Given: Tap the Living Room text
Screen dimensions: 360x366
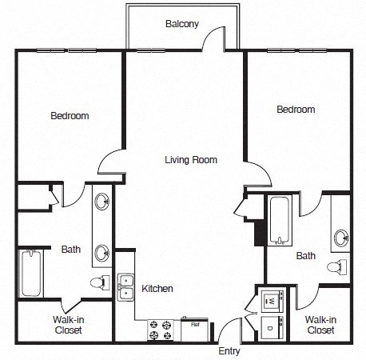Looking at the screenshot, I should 191,159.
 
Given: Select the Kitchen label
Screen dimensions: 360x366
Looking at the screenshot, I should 157,288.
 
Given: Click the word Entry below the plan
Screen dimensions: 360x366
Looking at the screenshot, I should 229,350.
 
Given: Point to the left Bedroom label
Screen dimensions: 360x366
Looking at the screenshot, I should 70,116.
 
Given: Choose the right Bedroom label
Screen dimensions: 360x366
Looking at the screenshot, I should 296,109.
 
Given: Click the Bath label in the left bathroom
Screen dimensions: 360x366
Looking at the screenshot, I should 70,249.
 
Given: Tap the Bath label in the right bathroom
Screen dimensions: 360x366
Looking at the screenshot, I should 305,256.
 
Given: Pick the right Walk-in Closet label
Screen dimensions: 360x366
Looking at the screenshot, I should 320,324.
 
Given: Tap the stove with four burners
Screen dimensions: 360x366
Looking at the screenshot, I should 161,327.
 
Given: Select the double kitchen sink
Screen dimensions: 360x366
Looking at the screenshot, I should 125,287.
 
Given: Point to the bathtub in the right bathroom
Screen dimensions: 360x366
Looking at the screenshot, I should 280,219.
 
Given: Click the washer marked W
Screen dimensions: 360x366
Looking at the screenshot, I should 271,301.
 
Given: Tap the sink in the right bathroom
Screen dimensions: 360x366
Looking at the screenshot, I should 341,237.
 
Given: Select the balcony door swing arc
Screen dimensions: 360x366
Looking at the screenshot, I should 213,38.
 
